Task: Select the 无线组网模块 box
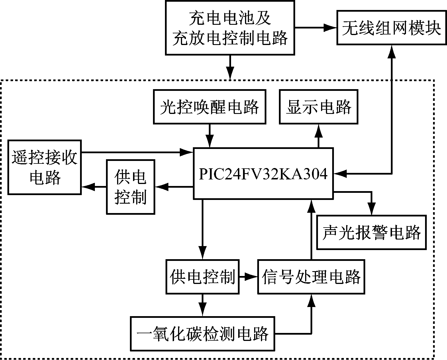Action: coord(391,28)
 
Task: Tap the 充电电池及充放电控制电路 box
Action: coord(230,28)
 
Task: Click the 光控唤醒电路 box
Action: coord(209,107)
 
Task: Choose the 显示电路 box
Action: coord(319,107)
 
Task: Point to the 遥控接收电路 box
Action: coord(45,167)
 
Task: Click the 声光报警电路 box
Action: coord(372,232)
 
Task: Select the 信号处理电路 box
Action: coord(311,277)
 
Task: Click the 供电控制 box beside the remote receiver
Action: coord(130,187)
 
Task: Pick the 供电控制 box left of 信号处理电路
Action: coord(203,277)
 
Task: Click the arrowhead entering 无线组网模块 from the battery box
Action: coord(330,28)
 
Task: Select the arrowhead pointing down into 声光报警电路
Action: coord(371,209)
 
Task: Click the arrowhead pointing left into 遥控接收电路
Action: coord(88,187)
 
